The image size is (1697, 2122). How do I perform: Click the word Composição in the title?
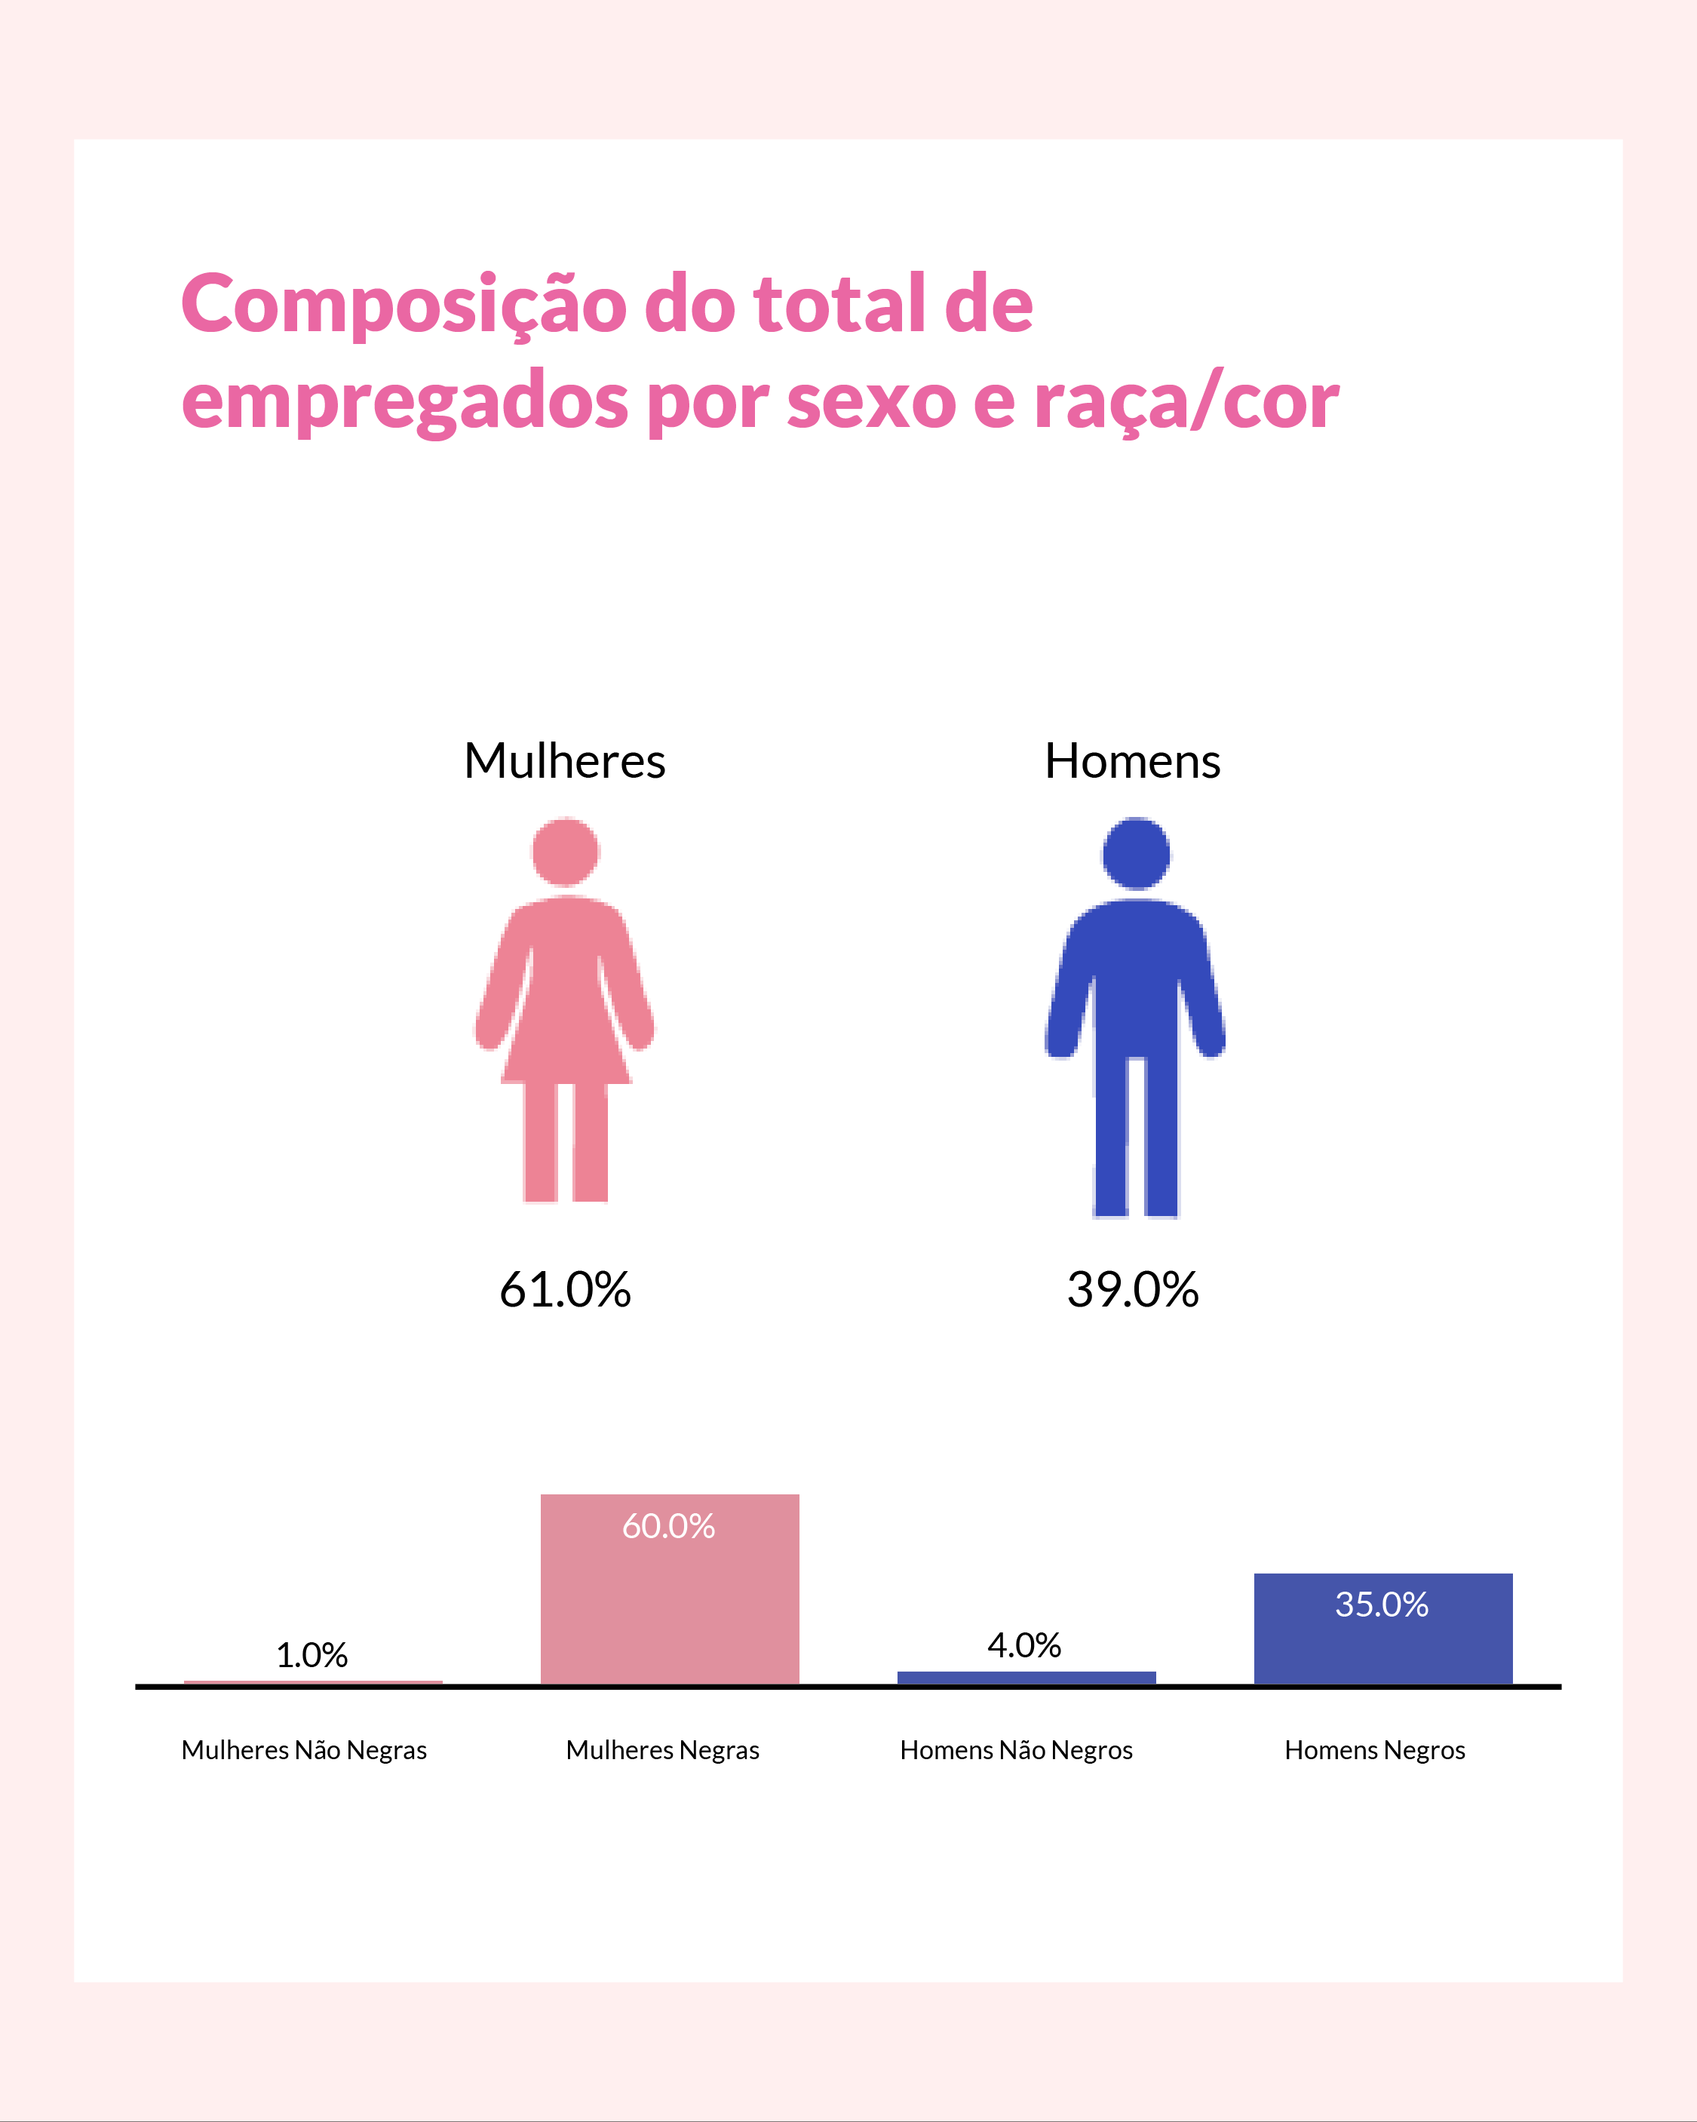[403, 305]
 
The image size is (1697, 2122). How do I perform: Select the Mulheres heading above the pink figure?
[564, 761]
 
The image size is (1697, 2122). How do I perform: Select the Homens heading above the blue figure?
[1132, 761]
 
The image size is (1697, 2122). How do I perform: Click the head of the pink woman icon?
[565, 852]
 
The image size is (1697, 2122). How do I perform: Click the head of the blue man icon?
[1136, 852]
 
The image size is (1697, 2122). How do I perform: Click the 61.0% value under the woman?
[564, 1289]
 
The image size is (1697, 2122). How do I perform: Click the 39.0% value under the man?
[1132, 1289]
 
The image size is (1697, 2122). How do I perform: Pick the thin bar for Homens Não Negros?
[1026, 1677]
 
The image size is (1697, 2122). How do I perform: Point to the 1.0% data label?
[312, 1656]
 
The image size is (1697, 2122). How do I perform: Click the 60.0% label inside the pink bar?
[668, 1527]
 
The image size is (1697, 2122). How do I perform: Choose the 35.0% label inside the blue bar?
[1381, 1605]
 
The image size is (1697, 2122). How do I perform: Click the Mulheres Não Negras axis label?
[304, 1750]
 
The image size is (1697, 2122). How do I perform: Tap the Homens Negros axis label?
[1374, 1750]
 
